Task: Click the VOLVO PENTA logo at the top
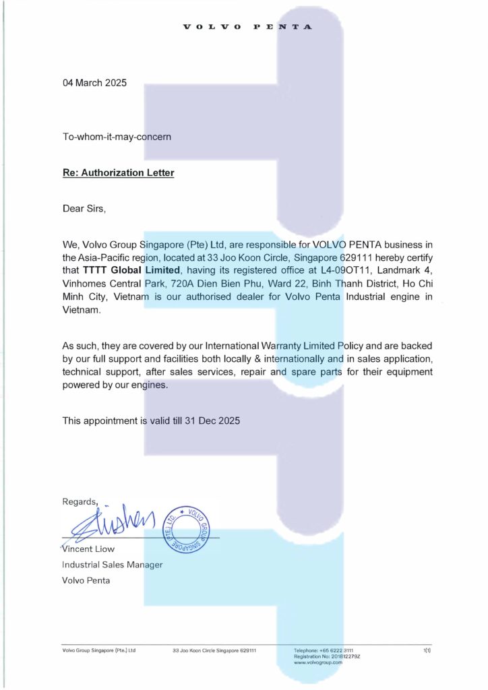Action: coord(248,28)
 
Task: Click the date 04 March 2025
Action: coord(94,84)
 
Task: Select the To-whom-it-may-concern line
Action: coord(117,136)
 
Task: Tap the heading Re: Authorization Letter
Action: coord(118,172)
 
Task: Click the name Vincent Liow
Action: coord(88,549)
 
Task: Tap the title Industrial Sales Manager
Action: coord(112,565)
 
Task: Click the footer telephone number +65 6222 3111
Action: coord(334,650)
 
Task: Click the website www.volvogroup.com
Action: coord(319,663)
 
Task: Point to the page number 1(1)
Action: coord(427,650)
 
